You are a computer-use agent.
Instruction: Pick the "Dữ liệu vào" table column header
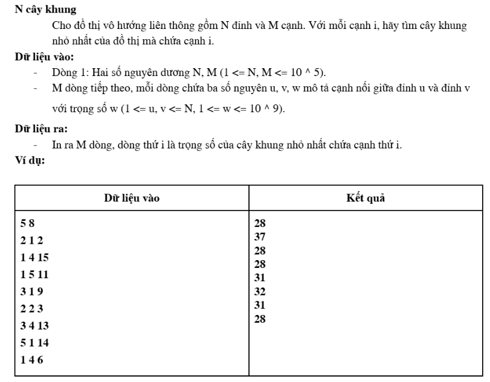pos(130,198)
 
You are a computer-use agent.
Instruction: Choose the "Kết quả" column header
pos(366,198)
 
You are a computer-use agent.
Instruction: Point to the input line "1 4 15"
pos(34,257)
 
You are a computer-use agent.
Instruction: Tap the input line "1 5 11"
pos(34,275)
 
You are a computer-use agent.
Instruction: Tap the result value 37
pos(260,236)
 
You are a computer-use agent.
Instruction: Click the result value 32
pos(260,291)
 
